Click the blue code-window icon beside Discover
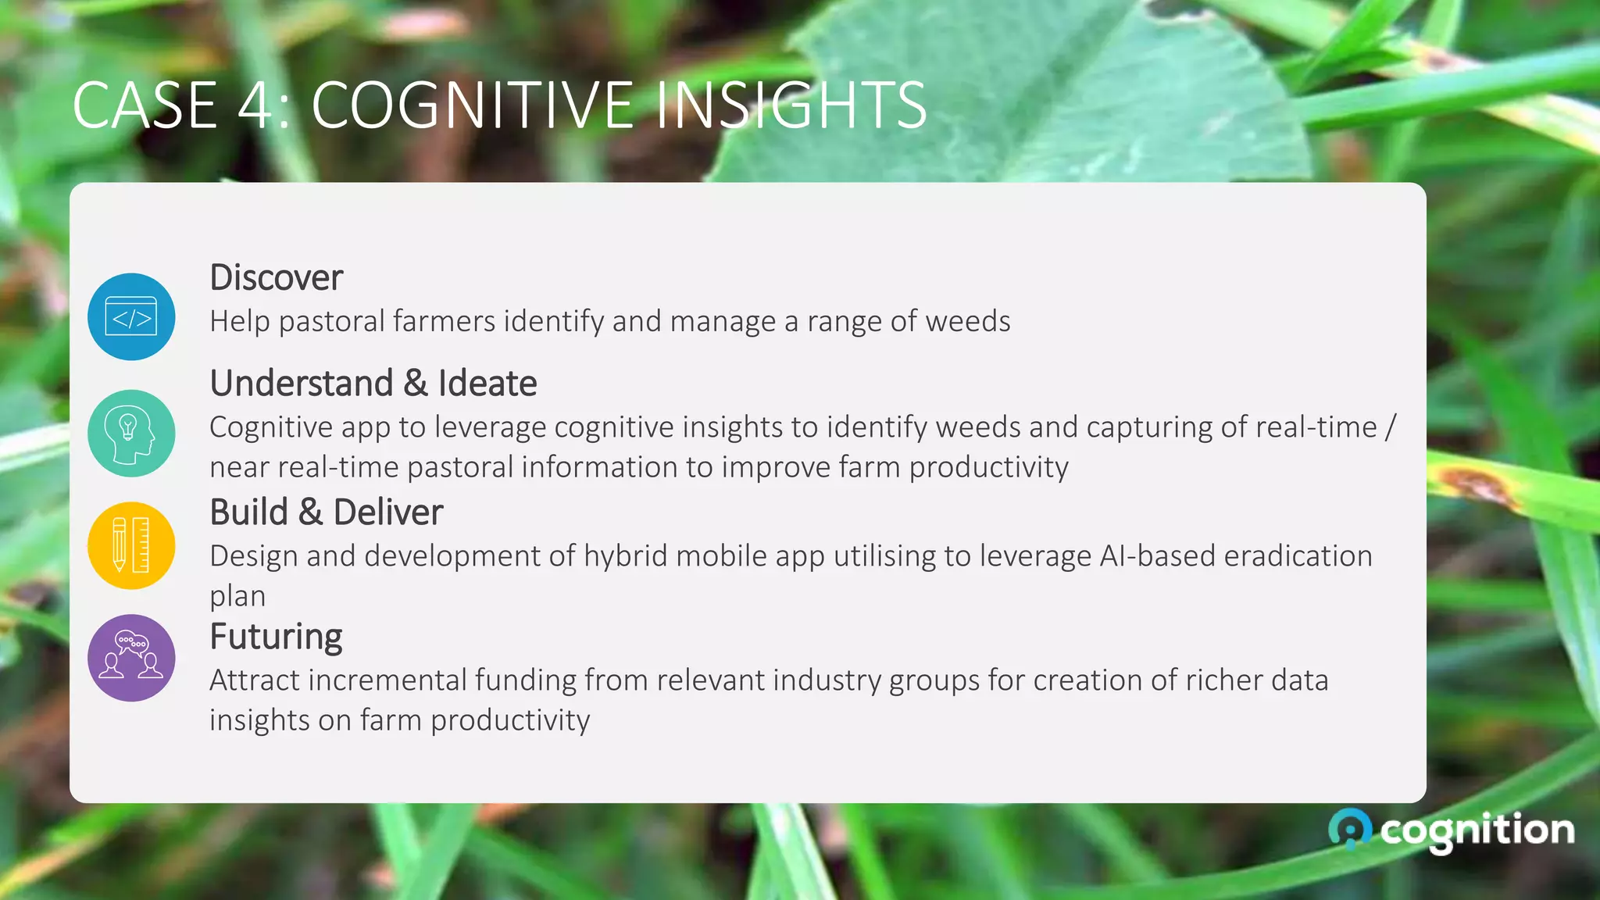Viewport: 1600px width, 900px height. coord(131,316)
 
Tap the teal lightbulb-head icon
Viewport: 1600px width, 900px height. coord(131,434)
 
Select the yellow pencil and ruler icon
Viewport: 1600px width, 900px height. coord(131,545)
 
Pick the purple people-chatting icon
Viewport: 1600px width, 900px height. coord(131,658)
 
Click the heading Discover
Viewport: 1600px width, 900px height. coord(277,278)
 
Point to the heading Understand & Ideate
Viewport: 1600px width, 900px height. coord(373,384)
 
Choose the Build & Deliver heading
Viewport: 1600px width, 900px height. coord(327,512)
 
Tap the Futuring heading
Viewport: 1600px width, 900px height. coord(276,637)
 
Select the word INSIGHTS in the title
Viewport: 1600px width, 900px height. coord(791,105)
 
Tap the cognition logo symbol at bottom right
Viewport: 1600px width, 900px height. coord(1349,829)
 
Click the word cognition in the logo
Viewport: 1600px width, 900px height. coord(1477,830)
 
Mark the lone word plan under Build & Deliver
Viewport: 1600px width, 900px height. coord(237,596)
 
